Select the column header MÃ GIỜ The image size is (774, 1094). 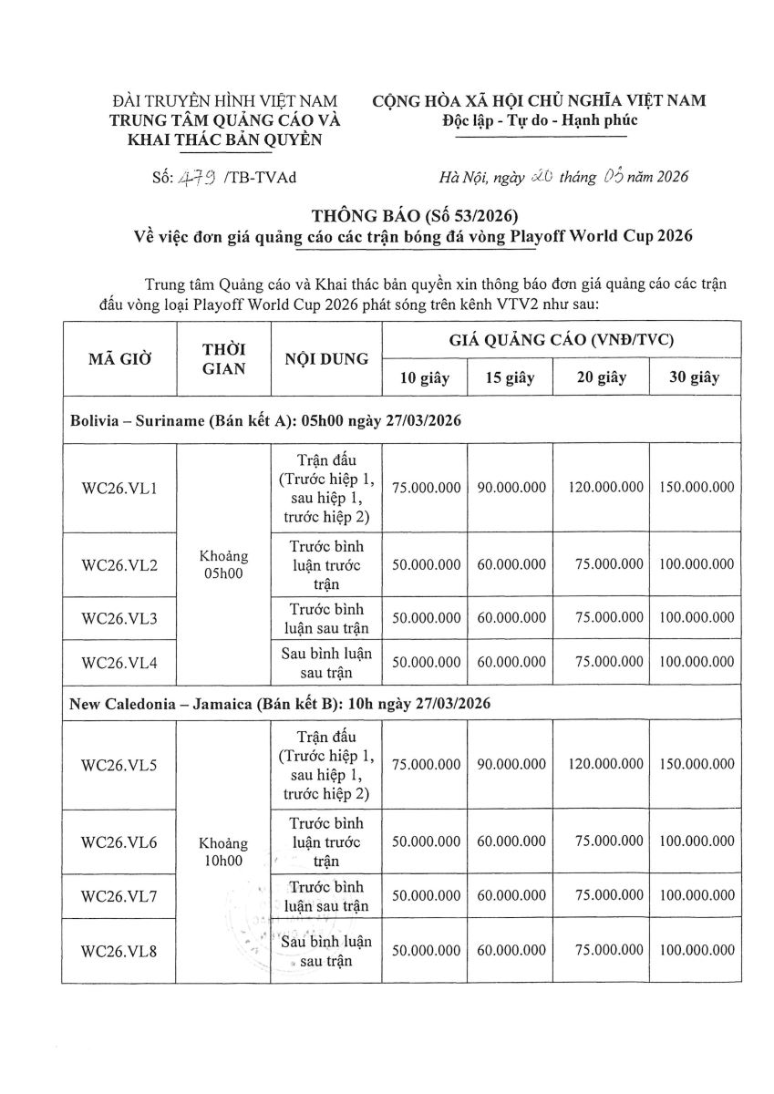point(120,358)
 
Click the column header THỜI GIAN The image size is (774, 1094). point(222,358)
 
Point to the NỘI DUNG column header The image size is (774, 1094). point(325,358)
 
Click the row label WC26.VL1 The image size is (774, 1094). point(120,488)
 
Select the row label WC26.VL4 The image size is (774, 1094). point(120,663)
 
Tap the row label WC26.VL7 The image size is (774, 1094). point(120,895)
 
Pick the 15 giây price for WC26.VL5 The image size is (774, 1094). point(511,765)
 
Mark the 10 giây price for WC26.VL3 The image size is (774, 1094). point(426,618)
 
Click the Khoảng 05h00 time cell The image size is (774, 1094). point(222,564)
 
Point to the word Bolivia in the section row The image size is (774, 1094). point(94,419)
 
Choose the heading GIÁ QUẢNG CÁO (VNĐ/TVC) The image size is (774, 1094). point(561,340)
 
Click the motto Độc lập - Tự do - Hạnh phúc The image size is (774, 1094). point(540,120)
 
